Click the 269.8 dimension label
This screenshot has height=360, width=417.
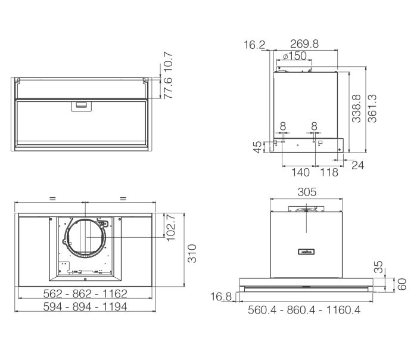(304, 44)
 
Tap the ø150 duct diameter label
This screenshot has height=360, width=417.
(294, 56)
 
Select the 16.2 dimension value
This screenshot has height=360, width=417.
(254, 45)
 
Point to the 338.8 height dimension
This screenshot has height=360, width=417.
(356, 108)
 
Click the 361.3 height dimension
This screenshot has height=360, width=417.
(372, 108)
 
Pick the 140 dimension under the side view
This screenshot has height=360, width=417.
(300, 172)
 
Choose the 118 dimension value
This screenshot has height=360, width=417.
(329, 172)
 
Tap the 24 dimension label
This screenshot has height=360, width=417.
(357, 165)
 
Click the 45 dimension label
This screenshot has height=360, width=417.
(257, 147)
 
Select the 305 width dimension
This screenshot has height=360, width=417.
(307, 192)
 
